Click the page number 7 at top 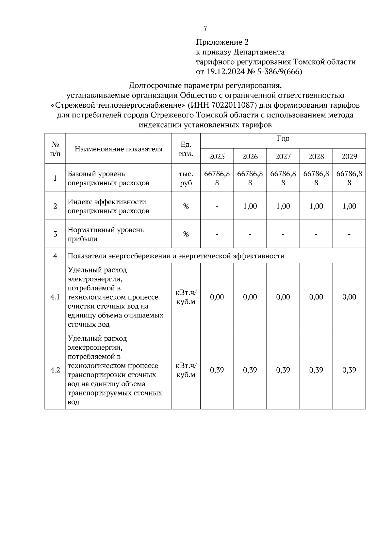[205, 29]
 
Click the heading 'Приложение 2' [222, 42]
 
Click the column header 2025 [217, 156]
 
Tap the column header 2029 [349, 156]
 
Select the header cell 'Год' [283, 139]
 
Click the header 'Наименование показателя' [119, 149]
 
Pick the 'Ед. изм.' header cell [186, 149]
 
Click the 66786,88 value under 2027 [283, 178]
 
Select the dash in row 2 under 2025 [217, 206]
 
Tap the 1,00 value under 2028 [316, 206]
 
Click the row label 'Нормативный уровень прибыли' [106, 234]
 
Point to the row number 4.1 [55, 297]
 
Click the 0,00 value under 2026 [250, 297]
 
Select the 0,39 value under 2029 [349, 370]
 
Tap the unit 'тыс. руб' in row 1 [186, 178]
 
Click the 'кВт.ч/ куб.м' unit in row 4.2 [186, 370]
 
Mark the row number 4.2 [55, 370]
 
